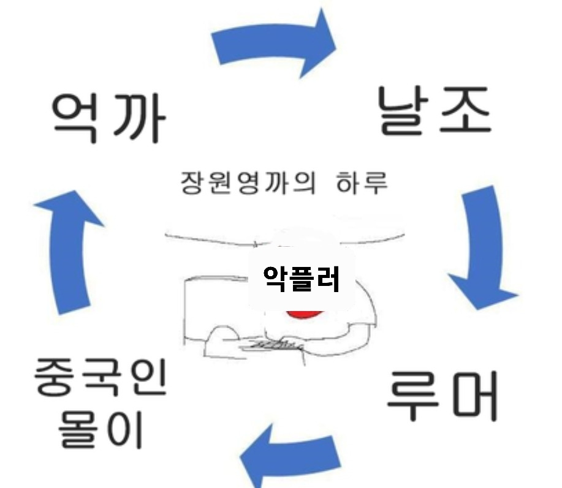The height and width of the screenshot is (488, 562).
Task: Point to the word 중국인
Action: pos(99,378)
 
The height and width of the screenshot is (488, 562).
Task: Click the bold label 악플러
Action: pos(301,279)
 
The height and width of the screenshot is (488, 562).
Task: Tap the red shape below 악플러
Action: pos(303,313)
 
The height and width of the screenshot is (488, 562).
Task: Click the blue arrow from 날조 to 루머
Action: pos(481,245)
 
